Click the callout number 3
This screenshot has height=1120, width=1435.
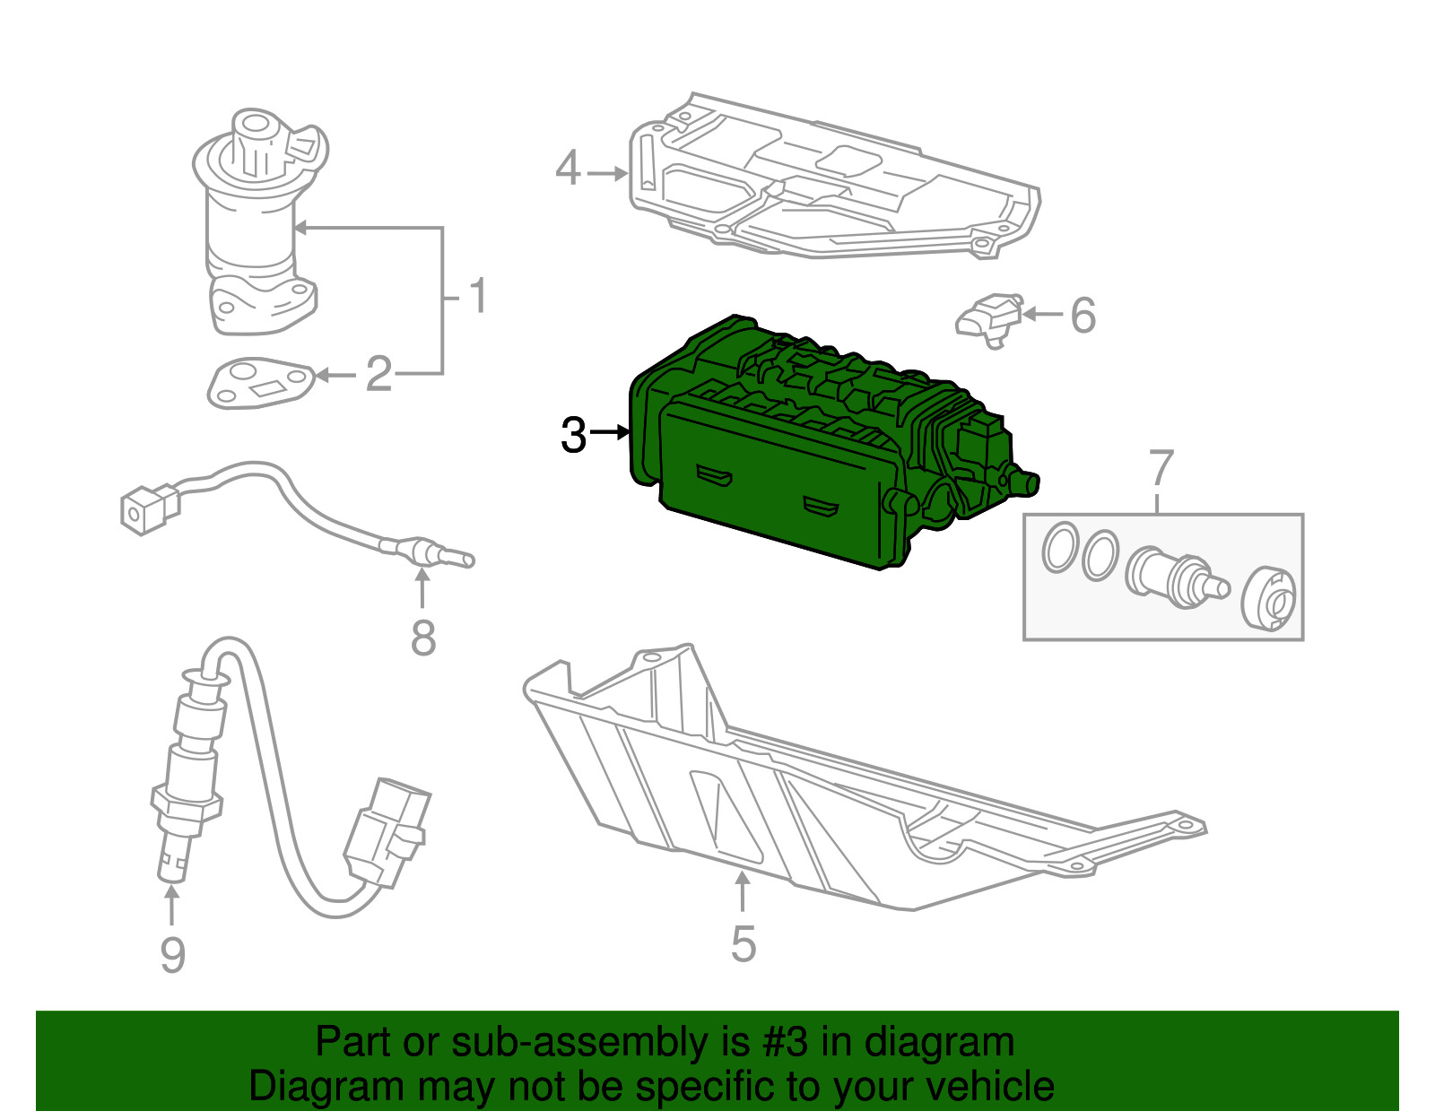coord(573,435)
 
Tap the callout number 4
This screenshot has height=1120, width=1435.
coord(568,169)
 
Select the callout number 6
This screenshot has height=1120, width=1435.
coord(1083,316)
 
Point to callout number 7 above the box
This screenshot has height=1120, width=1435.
coord(1161,468)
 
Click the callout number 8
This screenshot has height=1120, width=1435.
coord(423,638)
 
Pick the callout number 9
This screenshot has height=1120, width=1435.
coord(172,954)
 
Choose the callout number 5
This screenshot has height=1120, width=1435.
coord(744,944)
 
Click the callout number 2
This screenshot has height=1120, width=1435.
coord(378,374)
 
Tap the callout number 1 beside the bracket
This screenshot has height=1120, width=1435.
coord(478,295)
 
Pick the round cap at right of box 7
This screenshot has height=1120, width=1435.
coord(1269,598)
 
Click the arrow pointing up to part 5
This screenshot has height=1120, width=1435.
coord(743,891)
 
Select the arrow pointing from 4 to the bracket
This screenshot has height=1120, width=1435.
coord(608,173)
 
